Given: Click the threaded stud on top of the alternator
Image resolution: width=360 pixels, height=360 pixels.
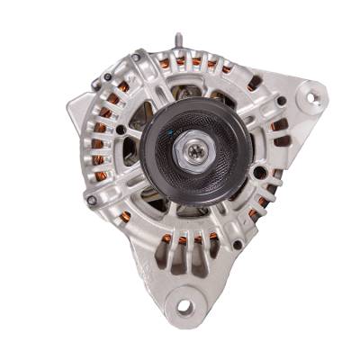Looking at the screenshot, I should [x=178, y=41].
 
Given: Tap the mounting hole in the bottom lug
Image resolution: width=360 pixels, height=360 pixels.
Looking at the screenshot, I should [x=184, y=307].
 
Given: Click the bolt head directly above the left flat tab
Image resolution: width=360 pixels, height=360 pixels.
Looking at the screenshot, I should [x=95, y=86].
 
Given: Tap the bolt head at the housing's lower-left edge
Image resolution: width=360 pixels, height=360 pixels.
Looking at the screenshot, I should [x=91, y=199].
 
